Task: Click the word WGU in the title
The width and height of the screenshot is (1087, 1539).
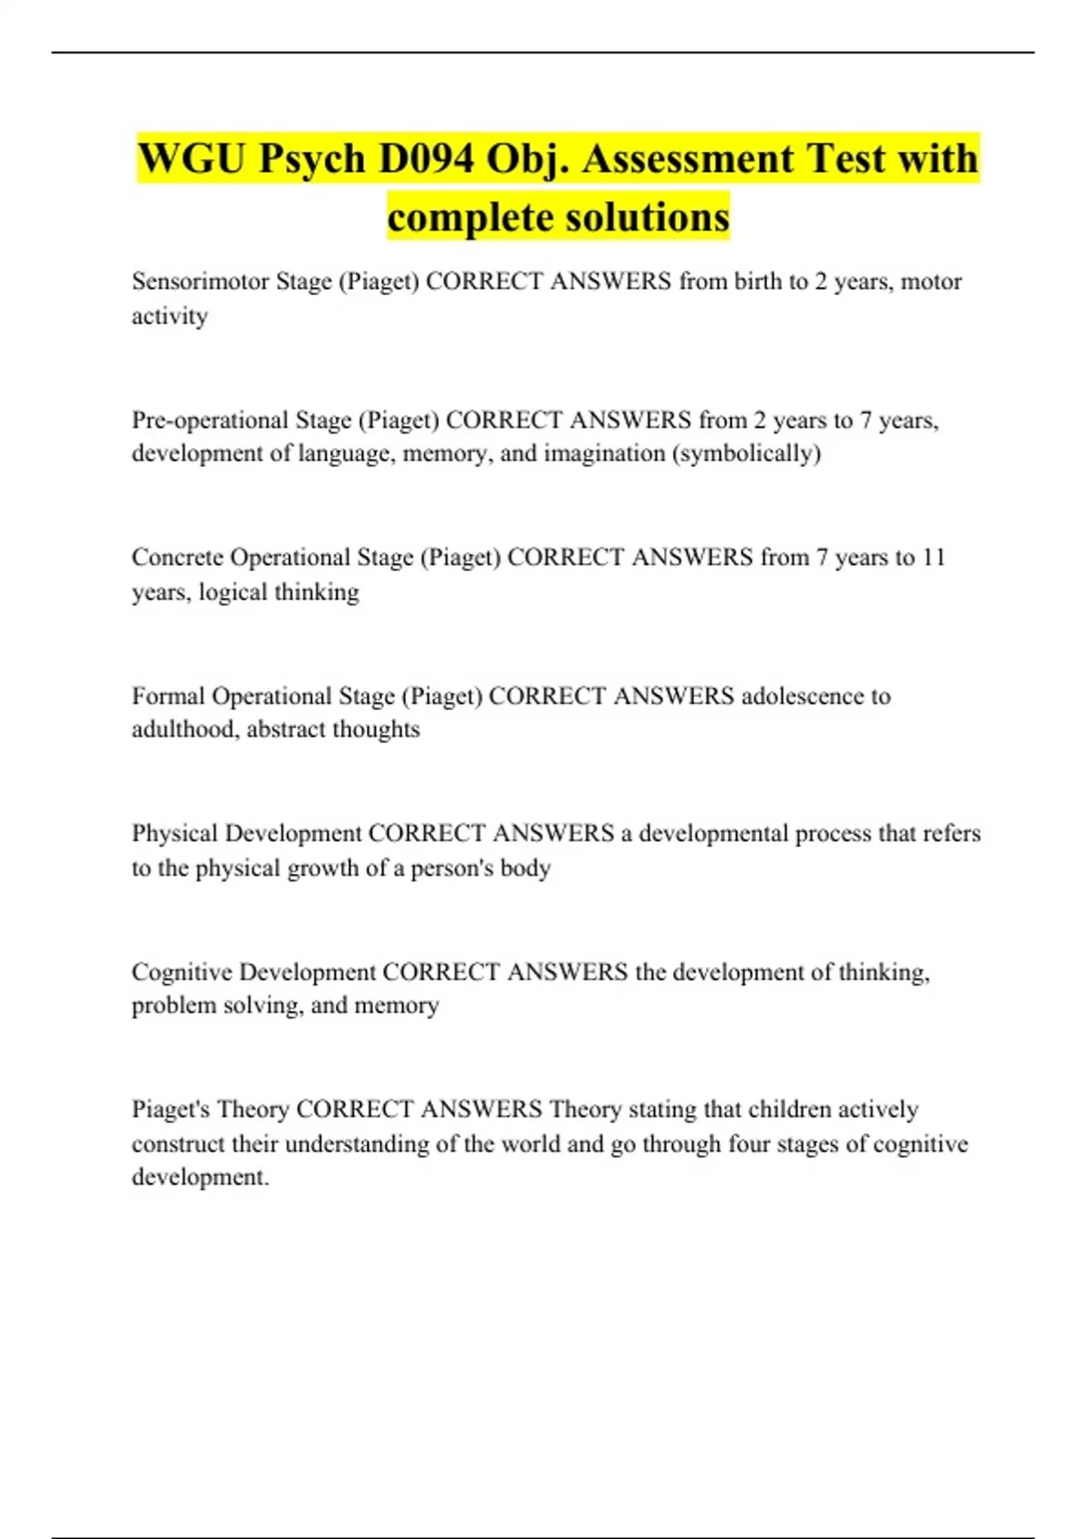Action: pyautogui.click(x=192, y=159)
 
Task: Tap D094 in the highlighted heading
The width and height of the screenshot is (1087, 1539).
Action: pyautogui.click(x=426, y=159)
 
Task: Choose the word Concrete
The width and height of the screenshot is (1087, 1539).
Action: pyautogui.click(x=178, y=557)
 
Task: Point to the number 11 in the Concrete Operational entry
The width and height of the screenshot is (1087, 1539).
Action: pyautogui.click(x=934, y=557)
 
